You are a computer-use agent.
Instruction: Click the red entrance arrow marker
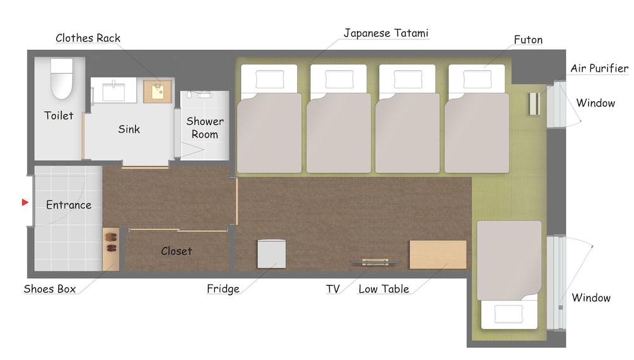tap(25, 202)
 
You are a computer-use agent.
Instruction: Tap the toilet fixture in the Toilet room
tap(61, 79)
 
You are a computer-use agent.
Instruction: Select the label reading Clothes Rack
tap(88, 38)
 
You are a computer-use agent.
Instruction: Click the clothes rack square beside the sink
tap(158, 91)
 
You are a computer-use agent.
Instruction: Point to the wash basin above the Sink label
tap(113, 91)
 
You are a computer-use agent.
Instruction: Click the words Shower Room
tap(205, 127)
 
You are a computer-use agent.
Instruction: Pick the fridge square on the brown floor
tap(272, 254)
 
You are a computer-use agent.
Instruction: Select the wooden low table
tap(438, 255)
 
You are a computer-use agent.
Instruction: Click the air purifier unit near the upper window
tap(535, 104)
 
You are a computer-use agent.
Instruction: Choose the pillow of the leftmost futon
tap(269, 79)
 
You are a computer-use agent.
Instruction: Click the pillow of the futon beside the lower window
tap(508, 314)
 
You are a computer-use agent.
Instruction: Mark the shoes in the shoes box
tap(111, 243)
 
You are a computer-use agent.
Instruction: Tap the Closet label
tap(176, 252)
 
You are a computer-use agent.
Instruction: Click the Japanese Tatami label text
tap(385, 34)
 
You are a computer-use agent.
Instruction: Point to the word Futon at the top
tap(528, 39)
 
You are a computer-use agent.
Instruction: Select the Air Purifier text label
tap(599, 68)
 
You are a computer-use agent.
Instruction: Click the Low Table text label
tap(384, 289)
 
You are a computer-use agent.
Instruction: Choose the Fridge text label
tap(223, 289)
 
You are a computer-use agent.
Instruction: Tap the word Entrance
tap(68, 205)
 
